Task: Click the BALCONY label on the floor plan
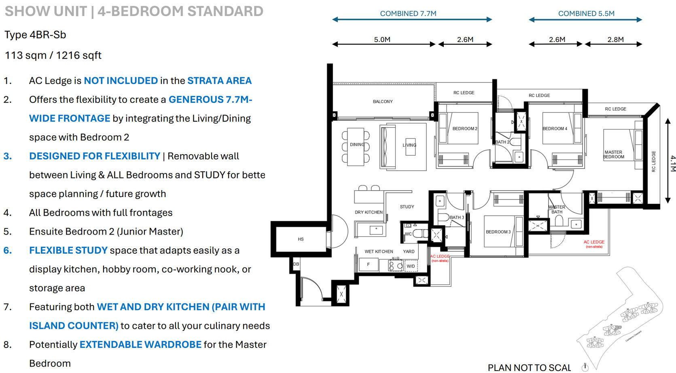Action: tap(382, 102)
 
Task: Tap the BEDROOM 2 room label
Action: tap(464, 129)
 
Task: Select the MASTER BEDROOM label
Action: tap(613, 155)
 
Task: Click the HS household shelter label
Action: tap(301, 239)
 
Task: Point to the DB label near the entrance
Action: tap(296, 264)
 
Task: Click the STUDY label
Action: tap(407, 207)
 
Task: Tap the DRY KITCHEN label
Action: tap(368, 212)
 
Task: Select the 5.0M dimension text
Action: tap(382, 40)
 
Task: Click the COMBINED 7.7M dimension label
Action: tap(408, 13)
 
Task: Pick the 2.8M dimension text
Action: tap(615, 40)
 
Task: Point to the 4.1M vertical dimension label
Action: tap(672, 163)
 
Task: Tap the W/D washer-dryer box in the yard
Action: tap(411, 266)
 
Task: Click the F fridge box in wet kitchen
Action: tap(368, 265)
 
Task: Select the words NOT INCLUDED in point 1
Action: tap(121, 81)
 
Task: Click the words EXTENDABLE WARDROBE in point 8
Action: tap(140, 344)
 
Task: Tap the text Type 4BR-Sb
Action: tap(35, 35)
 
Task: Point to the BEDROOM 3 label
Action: tap(498, 232)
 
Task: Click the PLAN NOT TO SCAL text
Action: tap(529, 367)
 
